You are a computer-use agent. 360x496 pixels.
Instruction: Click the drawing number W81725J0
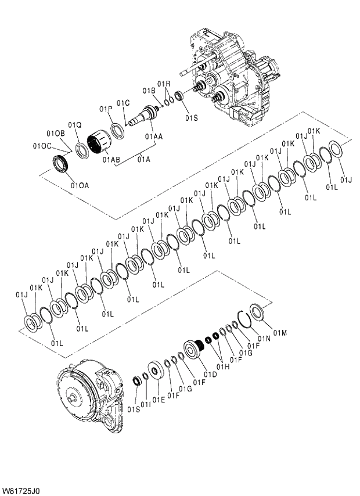tap(21, 491)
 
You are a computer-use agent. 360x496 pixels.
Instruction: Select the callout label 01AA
tap(154, 136)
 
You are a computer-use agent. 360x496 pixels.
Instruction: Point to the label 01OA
tap(80, 186)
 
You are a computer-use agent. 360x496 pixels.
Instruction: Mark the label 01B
tap(149, 91)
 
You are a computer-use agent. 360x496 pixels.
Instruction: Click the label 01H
tap(224, 367)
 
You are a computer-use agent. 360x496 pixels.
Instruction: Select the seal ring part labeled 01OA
tap(60, 164)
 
